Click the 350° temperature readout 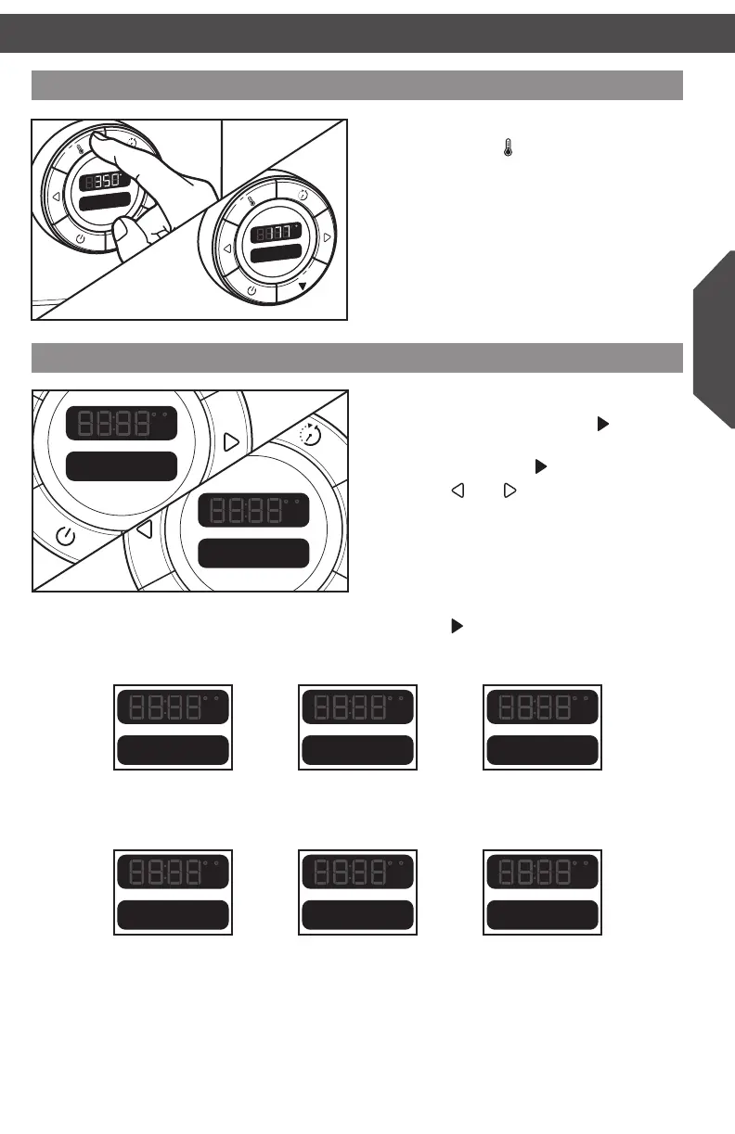tap(111, 180)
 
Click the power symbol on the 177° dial tap(252, 291)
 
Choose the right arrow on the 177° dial tap(327, 237)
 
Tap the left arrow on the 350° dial tap(56, 197)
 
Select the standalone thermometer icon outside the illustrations tap(508, 147)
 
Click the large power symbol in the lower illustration tap(65, 535)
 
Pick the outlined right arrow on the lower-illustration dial tap(232, 441)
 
